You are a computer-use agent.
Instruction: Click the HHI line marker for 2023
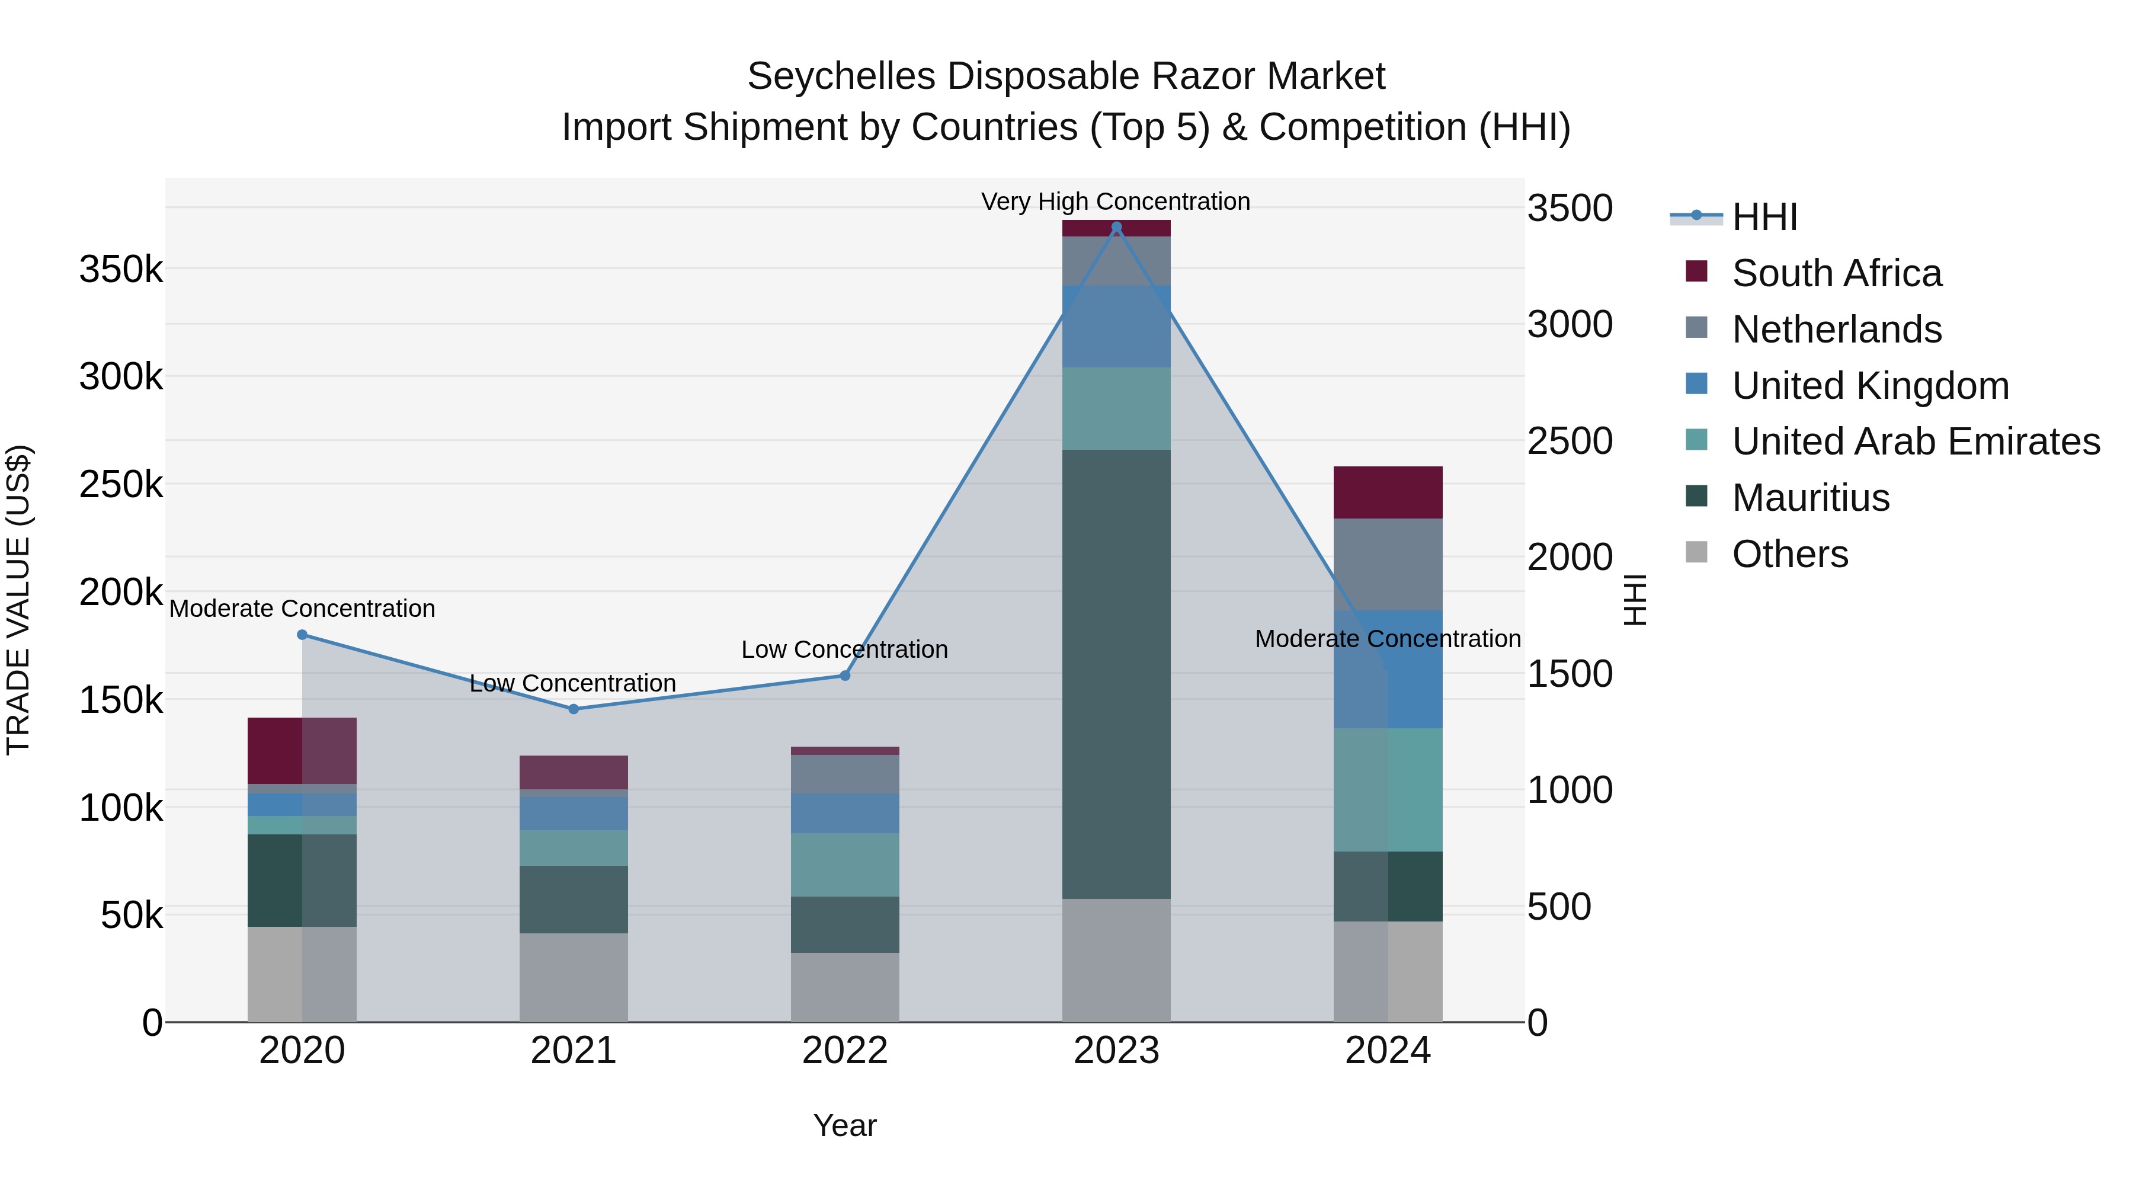(1116, 227)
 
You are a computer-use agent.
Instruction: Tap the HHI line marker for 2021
(573, 709)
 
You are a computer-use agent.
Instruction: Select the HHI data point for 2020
(302, 635)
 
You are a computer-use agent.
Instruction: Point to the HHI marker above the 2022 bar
(844, 676)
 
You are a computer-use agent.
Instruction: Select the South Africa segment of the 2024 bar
(1388, 493)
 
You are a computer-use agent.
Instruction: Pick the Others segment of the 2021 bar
(573, 977)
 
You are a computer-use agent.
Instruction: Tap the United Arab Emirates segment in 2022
(844, 865)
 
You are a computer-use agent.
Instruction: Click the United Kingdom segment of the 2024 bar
(1388, 669)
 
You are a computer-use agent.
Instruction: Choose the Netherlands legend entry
(1837, 329)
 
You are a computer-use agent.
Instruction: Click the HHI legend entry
(1764, 217)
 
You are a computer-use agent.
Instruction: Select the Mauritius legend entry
(1810, 498)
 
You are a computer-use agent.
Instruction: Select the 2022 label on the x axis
(844, 1051)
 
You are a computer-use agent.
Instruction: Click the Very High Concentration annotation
(1115, 201)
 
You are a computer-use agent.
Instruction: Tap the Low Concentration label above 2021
(573, 683)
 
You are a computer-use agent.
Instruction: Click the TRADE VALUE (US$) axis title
(18, 600)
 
